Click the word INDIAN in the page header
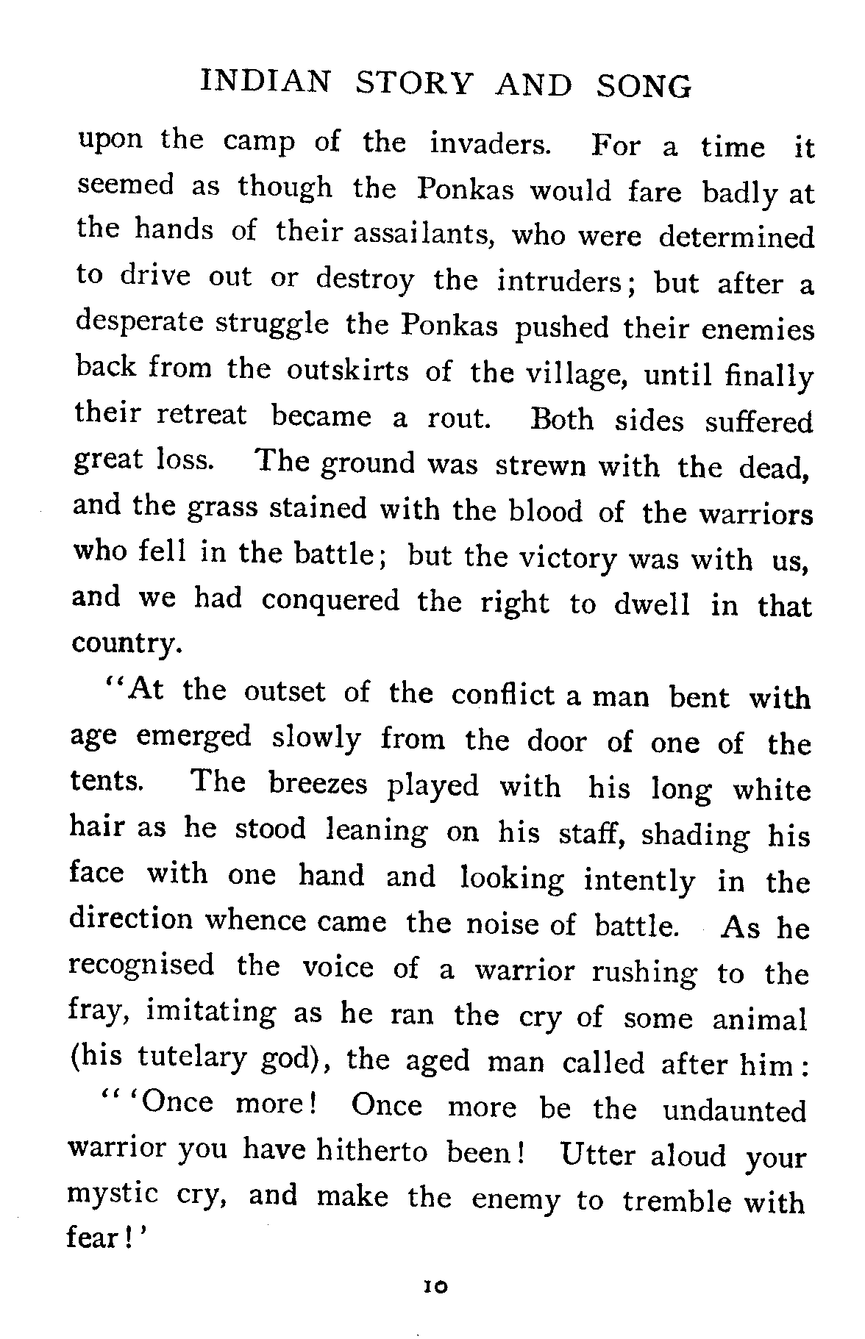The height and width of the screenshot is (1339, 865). [x=266, y=85]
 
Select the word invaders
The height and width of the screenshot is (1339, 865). [x=490, y=143]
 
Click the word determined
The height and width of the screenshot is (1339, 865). [x=736, y=237]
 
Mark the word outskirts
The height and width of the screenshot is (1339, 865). [x=347, y=369]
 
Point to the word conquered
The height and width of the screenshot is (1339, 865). [x=331, y=601]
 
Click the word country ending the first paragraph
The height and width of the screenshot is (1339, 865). [x=125, y=644]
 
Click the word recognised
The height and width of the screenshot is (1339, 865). [x=142, y=964]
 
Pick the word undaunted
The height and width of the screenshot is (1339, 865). [x=735, y=1110]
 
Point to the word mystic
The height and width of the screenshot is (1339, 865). [x=113, y=1195]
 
